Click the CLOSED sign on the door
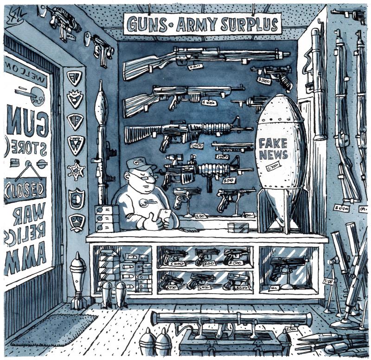pos(26,189)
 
